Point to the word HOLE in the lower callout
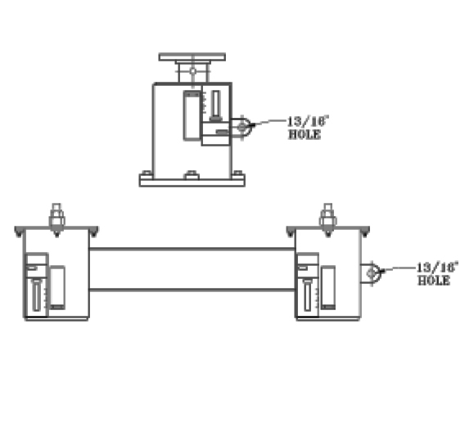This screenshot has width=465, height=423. [434, 280]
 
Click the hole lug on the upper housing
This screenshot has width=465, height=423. [241, 126]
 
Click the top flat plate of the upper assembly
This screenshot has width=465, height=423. [192, 57]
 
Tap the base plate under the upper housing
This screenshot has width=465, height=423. [192, 182]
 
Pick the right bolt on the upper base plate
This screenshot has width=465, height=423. [237, 173]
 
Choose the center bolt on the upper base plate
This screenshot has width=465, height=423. [192, 173]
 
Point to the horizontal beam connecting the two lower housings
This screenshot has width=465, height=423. [190, 268]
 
